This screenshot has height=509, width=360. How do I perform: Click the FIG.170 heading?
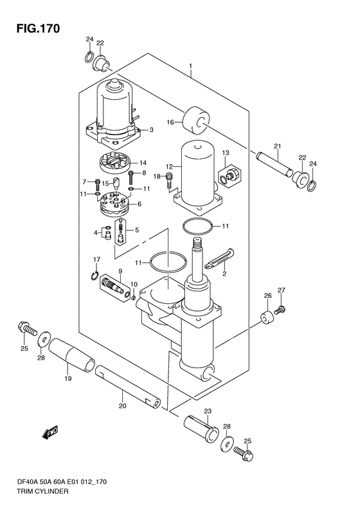39,28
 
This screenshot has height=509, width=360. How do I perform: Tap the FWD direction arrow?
50,432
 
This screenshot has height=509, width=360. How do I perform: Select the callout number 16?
170,122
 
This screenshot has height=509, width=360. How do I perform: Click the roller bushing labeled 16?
195,120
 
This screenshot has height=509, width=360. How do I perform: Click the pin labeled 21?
274,164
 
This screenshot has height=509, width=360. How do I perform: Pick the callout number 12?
170,167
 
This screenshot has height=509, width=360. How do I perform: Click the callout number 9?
120,270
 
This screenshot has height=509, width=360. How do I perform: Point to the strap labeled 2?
220,258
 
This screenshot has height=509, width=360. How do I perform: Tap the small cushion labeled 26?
267,318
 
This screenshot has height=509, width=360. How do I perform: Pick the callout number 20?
122,405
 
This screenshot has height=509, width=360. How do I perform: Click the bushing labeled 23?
201,428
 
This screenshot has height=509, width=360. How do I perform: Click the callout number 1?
191,66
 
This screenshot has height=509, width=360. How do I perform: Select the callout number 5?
136,230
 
